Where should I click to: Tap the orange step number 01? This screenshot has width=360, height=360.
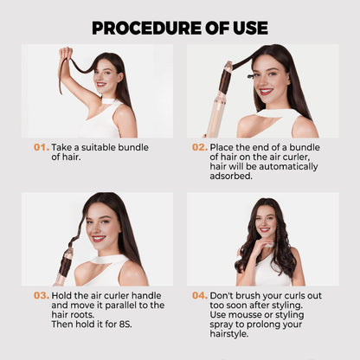coord(42,147)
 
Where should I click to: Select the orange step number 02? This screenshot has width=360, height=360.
coord(200,147)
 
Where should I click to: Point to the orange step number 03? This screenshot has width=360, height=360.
coord(42,296)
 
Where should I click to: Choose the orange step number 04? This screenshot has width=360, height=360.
coord(200,296)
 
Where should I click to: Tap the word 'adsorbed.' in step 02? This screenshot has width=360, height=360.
coord(231,176)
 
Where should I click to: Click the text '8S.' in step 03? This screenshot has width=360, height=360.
coord(125,325)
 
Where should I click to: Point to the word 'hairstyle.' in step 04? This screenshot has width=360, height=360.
coord(229,334)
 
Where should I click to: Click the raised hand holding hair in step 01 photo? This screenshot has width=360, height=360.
coord(66,54)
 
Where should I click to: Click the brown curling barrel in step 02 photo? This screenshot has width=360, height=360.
coord(225,81)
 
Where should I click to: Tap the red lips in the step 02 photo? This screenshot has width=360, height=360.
coord(266,92)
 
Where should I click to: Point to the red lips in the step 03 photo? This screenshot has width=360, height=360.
coord(98,239)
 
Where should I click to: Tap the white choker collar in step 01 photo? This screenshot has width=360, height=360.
coord(109,101)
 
